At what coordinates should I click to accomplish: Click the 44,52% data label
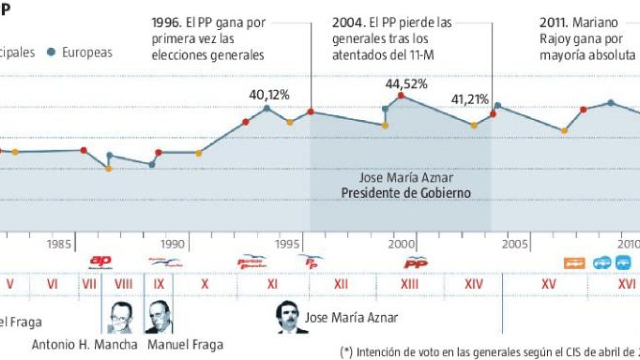click(x=406, y=84)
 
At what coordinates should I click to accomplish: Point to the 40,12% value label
click(x=269, y=95)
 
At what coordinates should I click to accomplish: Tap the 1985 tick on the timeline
click(x=60, y=244)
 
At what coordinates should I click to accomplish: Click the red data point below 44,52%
click(x=401, y=96)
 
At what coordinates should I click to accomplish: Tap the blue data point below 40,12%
click(x=267, y=108)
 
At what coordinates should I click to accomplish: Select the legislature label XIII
click(x=409, y=284)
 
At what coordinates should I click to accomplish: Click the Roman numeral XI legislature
click(x=272, y=284)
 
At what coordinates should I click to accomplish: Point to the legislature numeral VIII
click(x=123, y=284)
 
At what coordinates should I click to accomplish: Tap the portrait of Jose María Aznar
click(x=292, y=318)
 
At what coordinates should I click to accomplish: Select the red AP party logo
click(x=100, y=261)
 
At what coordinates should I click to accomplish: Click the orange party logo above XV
click(x=574, y=262)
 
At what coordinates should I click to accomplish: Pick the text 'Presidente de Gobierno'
click(x=406, y=193)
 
